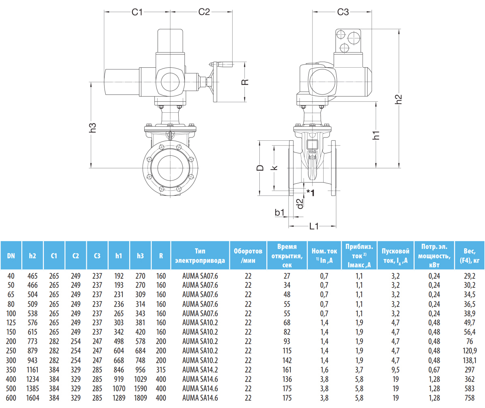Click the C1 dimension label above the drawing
tap(138, 12)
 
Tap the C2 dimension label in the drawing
tap(204, 12)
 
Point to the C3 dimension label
tap(343, 12)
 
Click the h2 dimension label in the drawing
tap(399, 99)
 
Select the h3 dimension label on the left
tap(93, 128)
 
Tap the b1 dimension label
tap(280, 212)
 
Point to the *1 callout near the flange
tap(310, 192)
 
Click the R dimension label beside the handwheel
tap(245, 82)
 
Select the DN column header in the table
tap(11, 256)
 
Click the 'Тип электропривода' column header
tap(200, 256)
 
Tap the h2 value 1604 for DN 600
tap(32, 398)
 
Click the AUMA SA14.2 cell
tap(200, 369)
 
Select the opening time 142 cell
tap(287, 360)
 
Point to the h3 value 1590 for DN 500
tap(140, 389)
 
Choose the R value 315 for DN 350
tap(161, 369)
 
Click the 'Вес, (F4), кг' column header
tap(469, 256)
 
